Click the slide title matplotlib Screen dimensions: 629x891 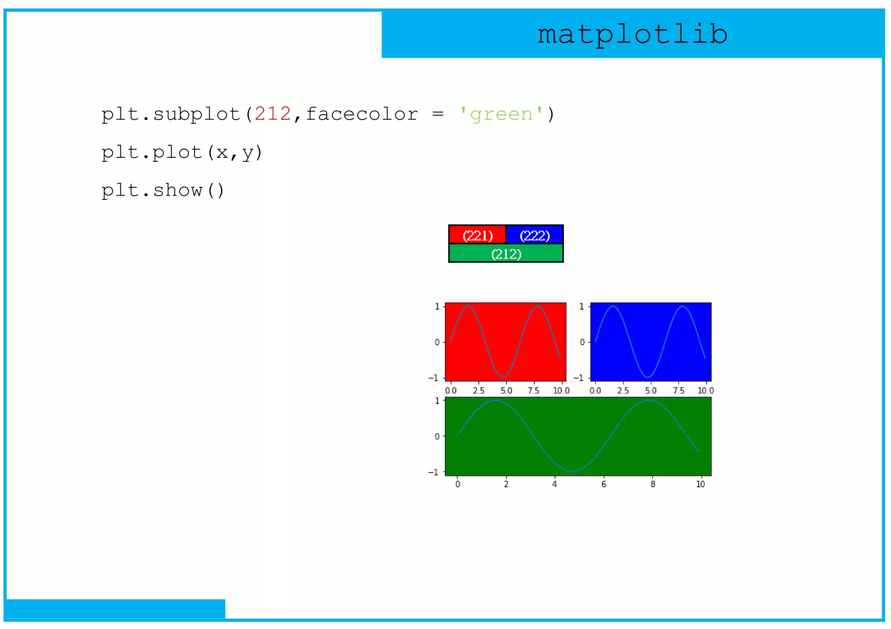(632, 34)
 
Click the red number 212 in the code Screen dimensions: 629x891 (273, 114)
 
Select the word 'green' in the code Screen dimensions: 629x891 (501, 114)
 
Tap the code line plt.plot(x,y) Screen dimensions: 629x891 (182, 153)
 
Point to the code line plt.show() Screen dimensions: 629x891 (163, 190)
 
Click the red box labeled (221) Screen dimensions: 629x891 (477, 235)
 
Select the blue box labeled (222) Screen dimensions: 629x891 (535, 235)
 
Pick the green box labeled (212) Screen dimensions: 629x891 (506, 254)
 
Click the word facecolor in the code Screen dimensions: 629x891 (362, 114)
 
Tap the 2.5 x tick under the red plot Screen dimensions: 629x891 (479, 390)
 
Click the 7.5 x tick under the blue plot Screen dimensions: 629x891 (678, 390)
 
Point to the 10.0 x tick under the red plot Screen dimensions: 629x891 (561, 390)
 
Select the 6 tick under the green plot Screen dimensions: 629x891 (604, 484)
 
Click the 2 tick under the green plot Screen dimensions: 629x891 (506, 484)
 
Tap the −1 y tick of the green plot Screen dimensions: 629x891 (433, 472)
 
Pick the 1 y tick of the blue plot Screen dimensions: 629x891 (582, 306)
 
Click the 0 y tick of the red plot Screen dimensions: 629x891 (437, 342)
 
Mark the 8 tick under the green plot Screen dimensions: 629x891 (653, 484)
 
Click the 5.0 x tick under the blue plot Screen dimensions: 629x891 (650, 390)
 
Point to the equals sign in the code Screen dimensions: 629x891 (438, 114)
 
